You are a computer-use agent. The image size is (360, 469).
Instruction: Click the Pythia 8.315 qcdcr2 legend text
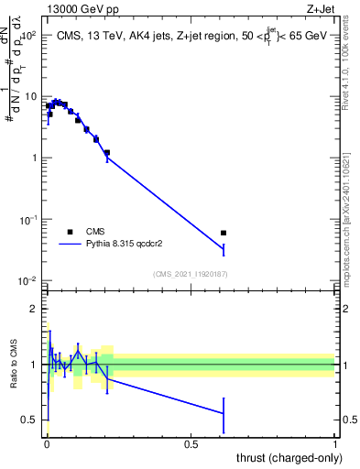[137, 245]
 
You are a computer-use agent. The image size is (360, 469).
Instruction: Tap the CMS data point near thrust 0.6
[224, 233]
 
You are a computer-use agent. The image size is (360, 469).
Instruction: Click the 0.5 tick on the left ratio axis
[32, 420]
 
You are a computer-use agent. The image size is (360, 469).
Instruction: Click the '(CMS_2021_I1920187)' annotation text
[191, 273]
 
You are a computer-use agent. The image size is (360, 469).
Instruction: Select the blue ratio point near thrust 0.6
[224, 413]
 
